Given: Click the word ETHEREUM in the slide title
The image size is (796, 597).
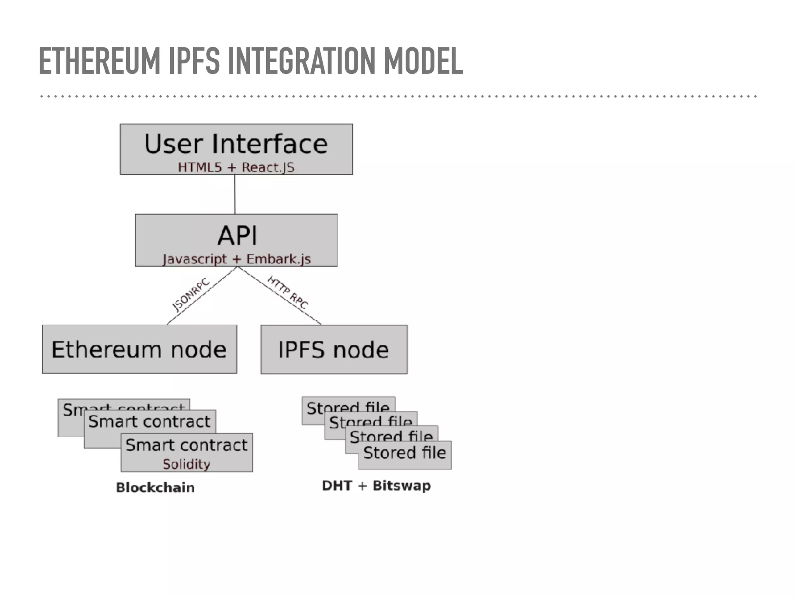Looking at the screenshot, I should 99,61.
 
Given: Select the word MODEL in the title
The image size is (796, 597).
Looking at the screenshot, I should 423,61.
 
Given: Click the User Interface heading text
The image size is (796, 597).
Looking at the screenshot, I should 236,144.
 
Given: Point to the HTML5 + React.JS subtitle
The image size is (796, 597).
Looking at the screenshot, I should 236,168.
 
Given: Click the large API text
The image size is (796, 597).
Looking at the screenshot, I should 237,236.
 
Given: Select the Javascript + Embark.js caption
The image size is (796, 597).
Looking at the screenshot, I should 236,259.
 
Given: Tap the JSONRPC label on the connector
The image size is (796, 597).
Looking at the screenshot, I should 190,294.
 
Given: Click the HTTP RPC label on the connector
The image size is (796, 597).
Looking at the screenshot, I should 288,292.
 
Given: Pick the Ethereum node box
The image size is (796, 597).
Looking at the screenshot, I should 139,349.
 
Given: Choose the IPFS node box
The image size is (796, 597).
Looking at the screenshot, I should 334,349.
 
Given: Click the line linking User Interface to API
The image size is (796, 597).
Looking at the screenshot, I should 235,194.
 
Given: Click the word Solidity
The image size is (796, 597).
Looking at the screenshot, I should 187,464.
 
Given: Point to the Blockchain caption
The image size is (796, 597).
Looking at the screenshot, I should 155,487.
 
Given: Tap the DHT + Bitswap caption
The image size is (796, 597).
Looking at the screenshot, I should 376,486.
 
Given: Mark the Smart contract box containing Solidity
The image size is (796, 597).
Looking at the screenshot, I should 187,452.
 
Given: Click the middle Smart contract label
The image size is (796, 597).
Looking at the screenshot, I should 149,422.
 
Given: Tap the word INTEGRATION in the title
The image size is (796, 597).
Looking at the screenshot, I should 302,61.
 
